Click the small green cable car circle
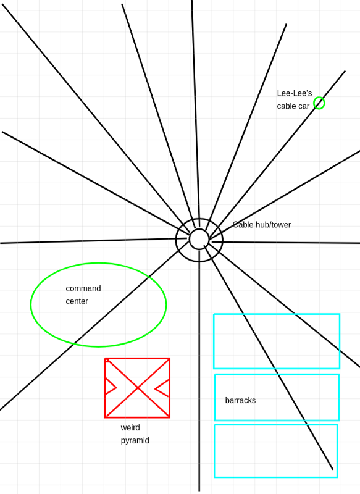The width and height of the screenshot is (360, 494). pos(319,98)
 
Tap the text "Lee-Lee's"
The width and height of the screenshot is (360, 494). pos(295,93)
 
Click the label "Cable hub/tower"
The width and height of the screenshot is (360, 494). pos(262,225)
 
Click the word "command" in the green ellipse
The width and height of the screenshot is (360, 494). pos(83,288)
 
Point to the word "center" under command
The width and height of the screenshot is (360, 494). pos(77,301)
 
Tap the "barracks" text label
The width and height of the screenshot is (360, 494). pos(240,400)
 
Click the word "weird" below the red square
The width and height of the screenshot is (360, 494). pos(130,427)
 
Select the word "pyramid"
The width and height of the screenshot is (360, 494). pos(135,440)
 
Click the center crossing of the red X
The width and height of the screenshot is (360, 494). pos(138,388)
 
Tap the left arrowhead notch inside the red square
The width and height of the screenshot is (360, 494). pos(116,388)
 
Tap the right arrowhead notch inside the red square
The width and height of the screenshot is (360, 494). pos(155,389)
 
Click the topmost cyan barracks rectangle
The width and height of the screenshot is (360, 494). pos(214,341)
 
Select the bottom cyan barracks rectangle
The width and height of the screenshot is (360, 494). pos(214,451)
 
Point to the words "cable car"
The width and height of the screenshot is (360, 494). pos(293,106)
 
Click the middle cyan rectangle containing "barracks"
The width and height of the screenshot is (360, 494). pos(215,398)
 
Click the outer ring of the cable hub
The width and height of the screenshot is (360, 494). pos(176,240)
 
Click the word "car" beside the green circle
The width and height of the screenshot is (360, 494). pos(304,106)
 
